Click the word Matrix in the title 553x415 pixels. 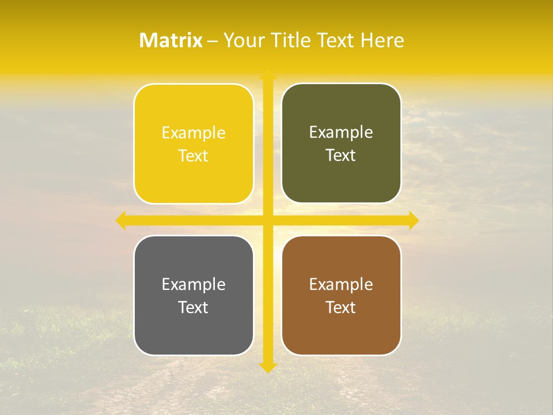click(171, 40)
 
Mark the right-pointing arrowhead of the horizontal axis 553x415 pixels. click(413, 220)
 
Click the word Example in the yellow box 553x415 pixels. click(194, 133)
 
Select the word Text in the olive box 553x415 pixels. click(341, 156)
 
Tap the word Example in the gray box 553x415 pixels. click(194, 285)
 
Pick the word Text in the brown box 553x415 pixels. click(341, 307)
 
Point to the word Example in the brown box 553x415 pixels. click(341, 285)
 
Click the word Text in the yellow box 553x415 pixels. click(194, 156)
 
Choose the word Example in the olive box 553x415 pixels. click(341, 133)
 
